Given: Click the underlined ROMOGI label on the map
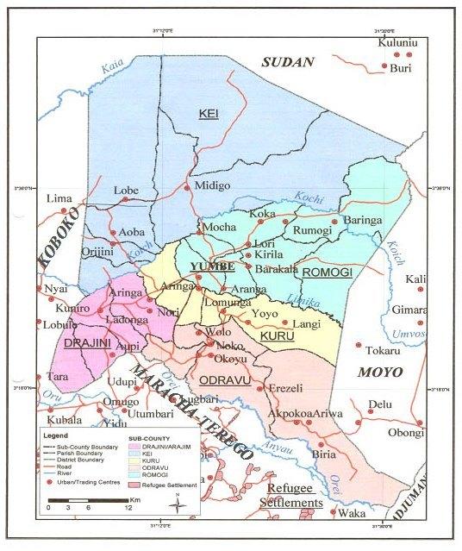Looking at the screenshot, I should pyautogui.click(x=324, y=272).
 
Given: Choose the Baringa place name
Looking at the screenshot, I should pyautogui.click(x=362, y=221).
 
